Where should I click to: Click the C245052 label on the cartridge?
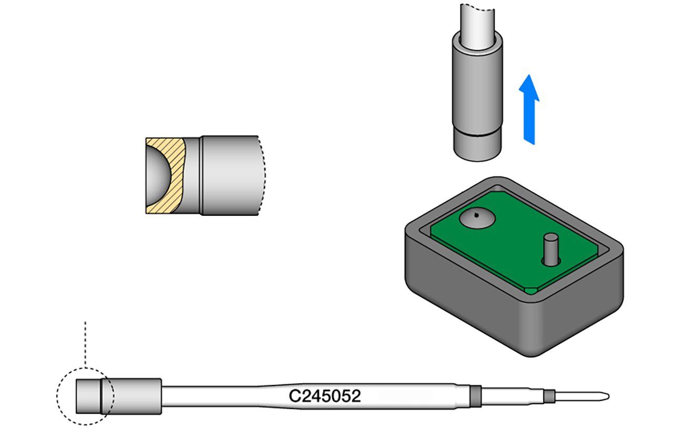[x=325, y=395]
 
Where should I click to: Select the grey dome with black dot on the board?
[x=477, y=219]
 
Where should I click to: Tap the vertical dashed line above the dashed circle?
[x=85, y=341]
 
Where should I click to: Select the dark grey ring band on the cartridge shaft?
[x=475, y=395]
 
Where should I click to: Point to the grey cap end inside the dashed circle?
[x=87, y=395]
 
